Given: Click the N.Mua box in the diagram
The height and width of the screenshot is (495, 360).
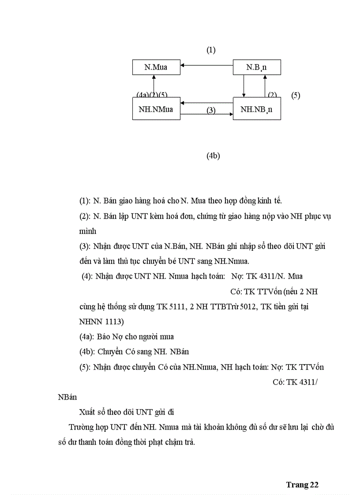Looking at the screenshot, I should tap(156, 67).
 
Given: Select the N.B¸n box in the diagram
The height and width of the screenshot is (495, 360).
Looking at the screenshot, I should tap(256, 67).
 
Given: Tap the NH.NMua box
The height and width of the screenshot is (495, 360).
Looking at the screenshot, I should tap(156, 109).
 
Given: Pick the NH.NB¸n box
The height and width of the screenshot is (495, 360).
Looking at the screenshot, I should tap(256, 109).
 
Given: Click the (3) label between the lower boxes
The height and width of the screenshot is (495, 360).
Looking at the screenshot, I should tap(211, 110).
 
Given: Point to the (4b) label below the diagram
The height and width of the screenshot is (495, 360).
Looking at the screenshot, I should tap(213, 156).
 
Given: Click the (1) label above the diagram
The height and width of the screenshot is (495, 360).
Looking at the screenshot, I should tap(211, 50).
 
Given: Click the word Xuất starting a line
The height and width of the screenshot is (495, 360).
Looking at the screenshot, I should tap(87, 412).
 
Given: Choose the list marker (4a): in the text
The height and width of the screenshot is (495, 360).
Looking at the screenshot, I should tap(87, 337).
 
